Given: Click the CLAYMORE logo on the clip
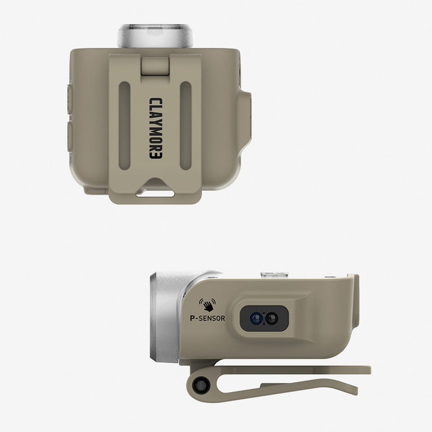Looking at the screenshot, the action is pyautogui.click(x=156, y=128).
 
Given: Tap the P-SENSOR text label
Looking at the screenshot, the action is pyautogui.click(x=208, y=319).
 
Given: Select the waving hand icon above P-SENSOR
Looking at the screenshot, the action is pyautogui.click(x=208, y=305).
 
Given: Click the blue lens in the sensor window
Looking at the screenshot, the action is pyautogui.click(x=256, y=319).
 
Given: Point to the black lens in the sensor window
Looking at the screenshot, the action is pyautogui.click(x=271, y=319).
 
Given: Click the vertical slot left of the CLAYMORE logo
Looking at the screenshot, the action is pyautogui.click(x=124, y=126).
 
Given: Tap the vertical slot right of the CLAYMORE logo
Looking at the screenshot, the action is pyautogui.click(x=186, y=126).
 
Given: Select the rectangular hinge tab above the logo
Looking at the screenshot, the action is pyautogui.click(x=155, y=66).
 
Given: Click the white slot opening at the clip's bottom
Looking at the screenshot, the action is pyautogui.click(x=155, y=193).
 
